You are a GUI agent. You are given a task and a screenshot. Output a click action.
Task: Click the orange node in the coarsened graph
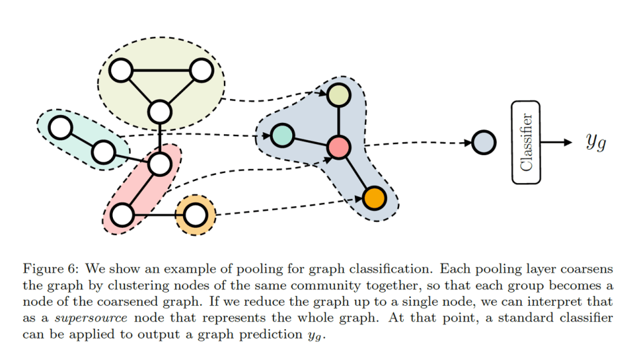(x=375, y=198)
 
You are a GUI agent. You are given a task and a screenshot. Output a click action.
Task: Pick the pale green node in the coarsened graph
(x=339, y=96)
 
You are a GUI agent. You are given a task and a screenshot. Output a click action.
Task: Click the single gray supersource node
(x=483, y=142)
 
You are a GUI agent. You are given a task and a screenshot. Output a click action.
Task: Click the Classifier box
(x=526, y=142)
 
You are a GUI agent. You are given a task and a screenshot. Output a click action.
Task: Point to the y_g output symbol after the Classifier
(x=595, y=142)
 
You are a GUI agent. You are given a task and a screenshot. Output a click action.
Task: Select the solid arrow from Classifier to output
(x=556, y=142)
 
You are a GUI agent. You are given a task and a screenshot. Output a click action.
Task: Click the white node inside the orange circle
(x=195, y=215)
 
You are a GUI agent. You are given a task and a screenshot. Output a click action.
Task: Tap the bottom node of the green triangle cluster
(x=160, y=112)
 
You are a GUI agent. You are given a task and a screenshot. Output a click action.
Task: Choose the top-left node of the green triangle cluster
(x=121, y=70)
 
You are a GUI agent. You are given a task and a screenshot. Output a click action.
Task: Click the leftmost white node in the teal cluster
(x=61, y=127)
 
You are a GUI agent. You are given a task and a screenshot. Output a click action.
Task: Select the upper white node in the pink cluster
(x=160, y=162)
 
